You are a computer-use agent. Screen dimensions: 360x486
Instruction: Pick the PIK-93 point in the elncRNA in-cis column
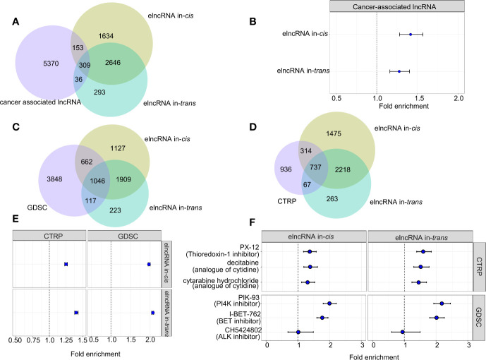pyautogui.click(x=329, y=304)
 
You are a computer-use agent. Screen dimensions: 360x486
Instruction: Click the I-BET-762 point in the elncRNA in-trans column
pyautogui.click(x=437, y=318)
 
